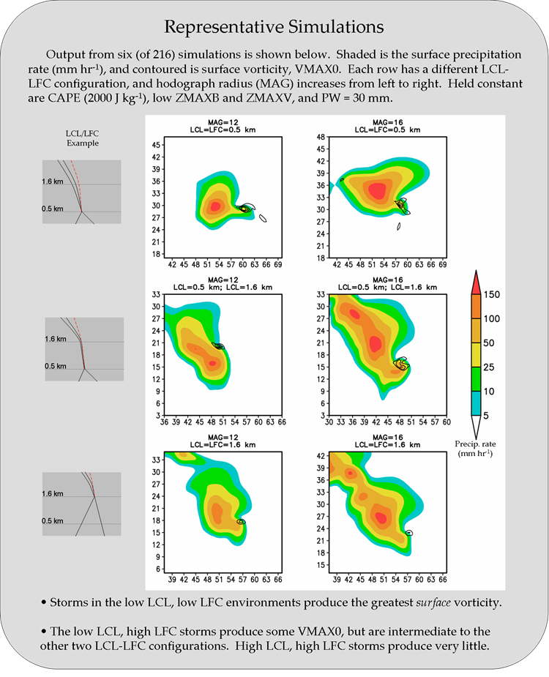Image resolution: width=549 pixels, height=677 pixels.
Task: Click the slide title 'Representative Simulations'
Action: click(x=274, y=27)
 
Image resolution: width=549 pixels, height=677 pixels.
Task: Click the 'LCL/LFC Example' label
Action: click(x=82, y=138)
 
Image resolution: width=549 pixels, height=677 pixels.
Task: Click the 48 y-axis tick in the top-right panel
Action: click(x=320, y=137)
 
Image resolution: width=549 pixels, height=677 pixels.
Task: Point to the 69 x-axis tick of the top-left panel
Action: click(x=278, y=263)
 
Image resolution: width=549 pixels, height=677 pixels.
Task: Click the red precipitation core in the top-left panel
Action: click(x=215, y=206)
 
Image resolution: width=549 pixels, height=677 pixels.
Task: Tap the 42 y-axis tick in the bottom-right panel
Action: click(x=320, y=455)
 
